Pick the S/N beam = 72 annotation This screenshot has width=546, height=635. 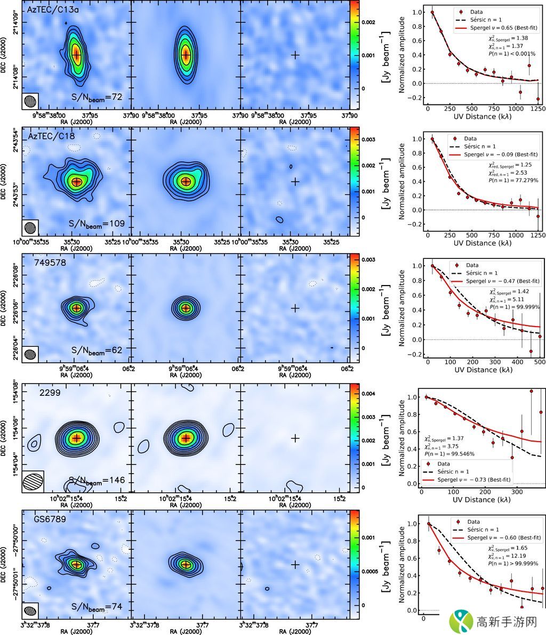tap(97, 97)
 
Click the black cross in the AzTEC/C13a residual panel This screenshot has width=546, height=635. tap(294, 54)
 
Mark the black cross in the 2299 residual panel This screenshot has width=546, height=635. tap(294, 438)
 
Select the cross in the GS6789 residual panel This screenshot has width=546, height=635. tap(294, 564)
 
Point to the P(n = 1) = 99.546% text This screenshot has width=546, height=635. tap(449, 454)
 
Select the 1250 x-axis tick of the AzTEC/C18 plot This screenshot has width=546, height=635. tap(538, 234)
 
